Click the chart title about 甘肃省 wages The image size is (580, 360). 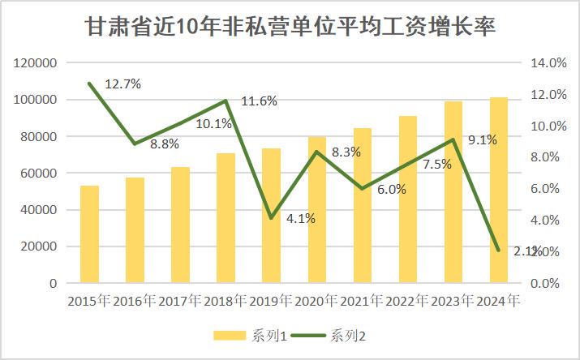pyautogui.click(x=290, y=28)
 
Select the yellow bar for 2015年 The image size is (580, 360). pyautogui.click(x=89, y=234)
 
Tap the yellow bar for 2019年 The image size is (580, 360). pyautogui.click(x=272, y=216)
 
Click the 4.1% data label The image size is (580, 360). pyautogui.click(x=301, y=218)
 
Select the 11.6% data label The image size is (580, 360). pyautogui.click(x=260, y=101)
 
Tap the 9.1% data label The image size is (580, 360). pyautogui.click(x=483, y=139)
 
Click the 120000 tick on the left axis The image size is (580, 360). pyautogui.click(x=35, y=63)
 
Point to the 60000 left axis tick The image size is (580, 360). pyautogui.click(x=38, y=174)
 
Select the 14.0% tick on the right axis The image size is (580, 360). pyautogui.click(x=548, y=63)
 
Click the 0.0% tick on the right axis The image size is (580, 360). pyautogui.click(x=550, y=284)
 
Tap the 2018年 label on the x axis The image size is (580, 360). pyautogui.click(x=226, y=302)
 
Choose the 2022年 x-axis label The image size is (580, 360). pyautogui.click(x=408, y=302)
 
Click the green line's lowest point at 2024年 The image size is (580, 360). pyautogui.click(x=499, y=250)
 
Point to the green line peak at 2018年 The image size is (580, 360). pyautogui.click(x=226, y=101)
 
